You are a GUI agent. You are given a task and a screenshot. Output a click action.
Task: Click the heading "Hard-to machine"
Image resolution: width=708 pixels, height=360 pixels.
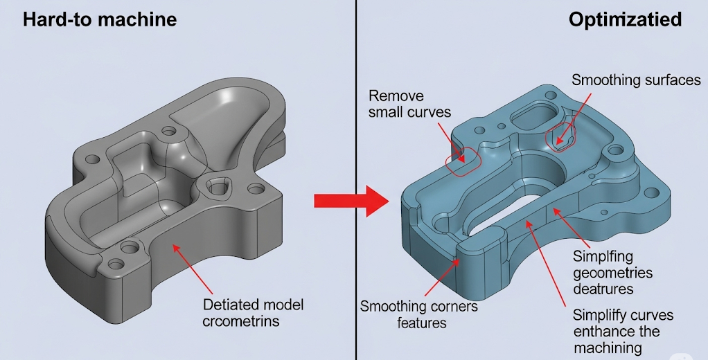point(99,19)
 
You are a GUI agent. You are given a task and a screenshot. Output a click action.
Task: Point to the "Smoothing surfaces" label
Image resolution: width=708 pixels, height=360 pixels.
point(635,80)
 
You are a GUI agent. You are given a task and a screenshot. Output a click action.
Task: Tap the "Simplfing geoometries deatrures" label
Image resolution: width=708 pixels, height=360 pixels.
point(612,272)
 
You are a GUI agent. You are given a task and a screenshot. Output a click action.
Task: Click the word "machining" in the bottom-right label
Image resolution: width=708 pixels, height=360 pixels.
point(607,348)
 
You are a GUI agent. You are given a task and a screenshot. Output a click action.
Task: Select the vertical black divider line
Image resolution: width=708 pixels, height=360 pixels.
point(355,180)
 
